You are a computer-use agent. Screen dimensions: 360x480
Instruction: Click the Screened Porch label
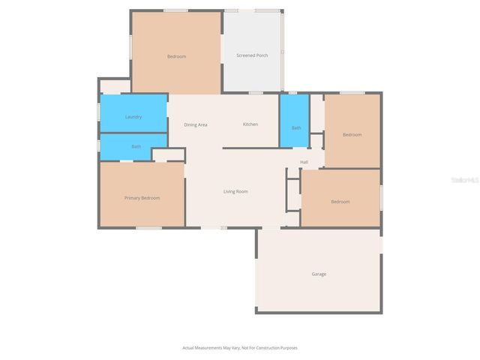point(252,55)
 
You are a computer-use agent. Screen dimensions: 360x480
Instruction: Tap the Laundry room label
point(133,117)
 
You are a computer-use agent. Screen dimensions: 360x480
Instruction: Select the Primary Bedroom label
point(142,198)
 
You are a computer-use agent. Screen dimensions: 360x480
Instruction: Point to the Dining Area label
point(196,124)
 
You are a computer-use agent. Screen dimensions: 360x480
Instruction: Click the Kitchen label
point(250,124)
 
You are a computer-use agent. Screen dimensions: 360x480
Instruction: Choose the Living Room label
point(235,192)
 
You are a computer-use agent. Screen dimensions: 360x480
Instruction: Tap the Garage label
point(319,274)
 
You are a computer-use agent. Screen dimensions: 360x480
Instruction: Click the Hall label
point(304,162)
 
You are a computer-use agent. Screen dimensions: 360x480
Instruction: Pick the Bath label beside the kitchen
point(296,128)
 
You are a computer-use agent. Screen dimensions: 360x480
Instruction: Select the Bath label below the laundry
point(136,147)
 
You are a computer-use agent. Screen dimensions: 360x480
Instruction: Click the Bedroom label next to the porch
point(176,57)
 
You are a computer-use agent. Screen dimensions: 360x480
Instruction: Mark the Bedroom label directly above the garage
point(340,202)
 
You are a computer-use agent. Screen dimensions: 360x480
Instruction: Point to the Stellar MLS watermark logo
point(467,181)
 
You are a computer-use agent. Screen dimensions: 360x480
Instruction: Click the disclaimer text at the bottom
point(240,348)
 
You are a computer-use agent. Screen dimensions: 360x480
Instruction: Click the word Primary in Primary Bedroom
point(132,198)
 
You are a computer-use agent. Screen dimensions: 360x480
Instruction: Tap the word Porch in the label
point(262,55)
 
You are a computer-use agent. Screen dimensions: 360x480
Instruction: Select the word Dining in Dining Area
point(190,124)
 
